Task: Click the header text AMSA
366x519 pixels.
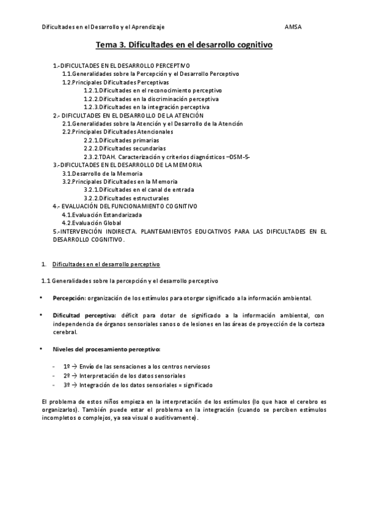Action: [x=293, y=27]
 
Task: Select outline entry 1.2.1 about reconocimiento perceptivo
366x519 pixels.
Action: [x=153, y=90]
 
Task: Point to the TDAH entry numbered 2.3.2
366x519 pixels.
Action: [x=167, y=157]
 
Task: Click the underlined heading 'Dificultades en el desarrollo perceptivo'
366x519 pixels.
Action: [x=106, y=264]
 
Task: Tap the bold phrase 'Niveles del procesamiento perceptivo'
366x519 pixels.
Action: [x=106, y=349]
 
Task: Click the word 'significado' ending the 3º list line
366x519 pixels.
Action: [x=197, y=385]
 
